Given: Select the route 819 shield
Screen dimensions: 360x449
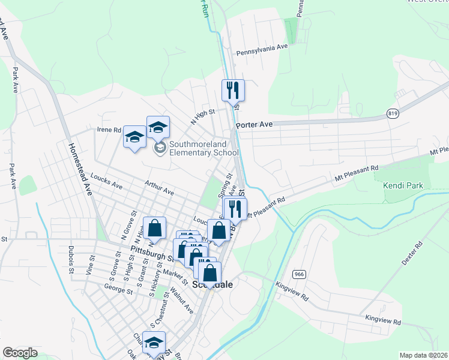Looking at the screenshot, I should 393,113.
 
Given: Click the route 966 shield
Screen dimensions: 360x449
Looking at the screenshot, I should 299,274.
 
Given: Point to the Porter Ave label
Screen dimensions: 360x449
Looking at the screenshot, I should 255,125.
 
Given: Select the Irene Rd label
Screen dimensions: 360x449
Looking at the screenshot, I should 109,129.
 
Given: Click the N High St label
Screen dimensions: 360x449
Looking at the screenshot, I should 202,114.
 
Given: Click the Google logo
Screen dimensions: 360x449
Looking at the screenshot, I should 20,353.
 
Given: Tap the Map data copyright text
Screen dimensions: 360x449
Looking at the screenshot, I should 424,355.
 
